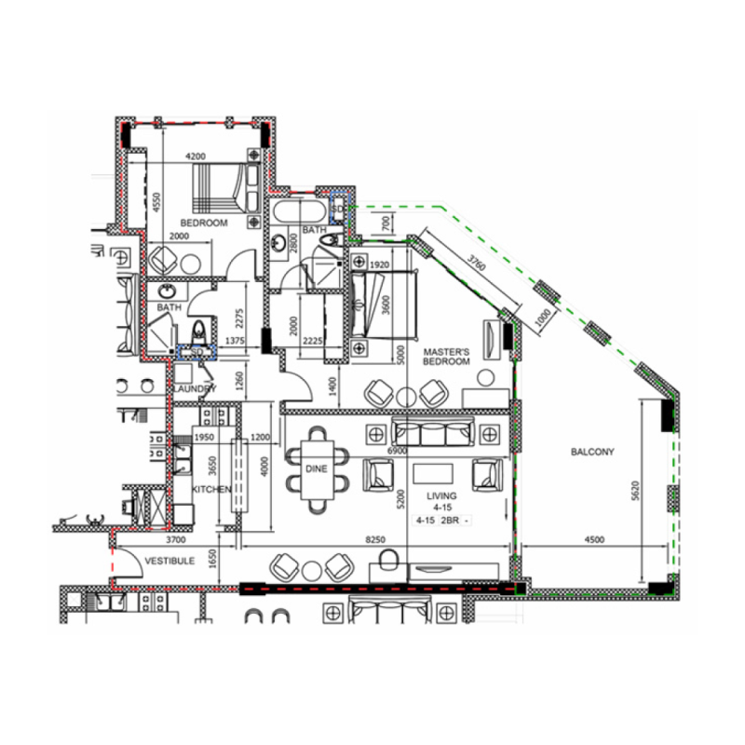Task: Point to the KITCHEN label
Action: tap(211, 488)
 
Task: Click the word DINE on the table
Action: tap(317, 470)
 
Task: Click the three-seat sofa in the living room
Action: tap(433, 433)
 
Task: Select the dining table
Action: tap(318, 470)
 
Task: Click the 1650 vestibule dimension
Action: tap(213, 559)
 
